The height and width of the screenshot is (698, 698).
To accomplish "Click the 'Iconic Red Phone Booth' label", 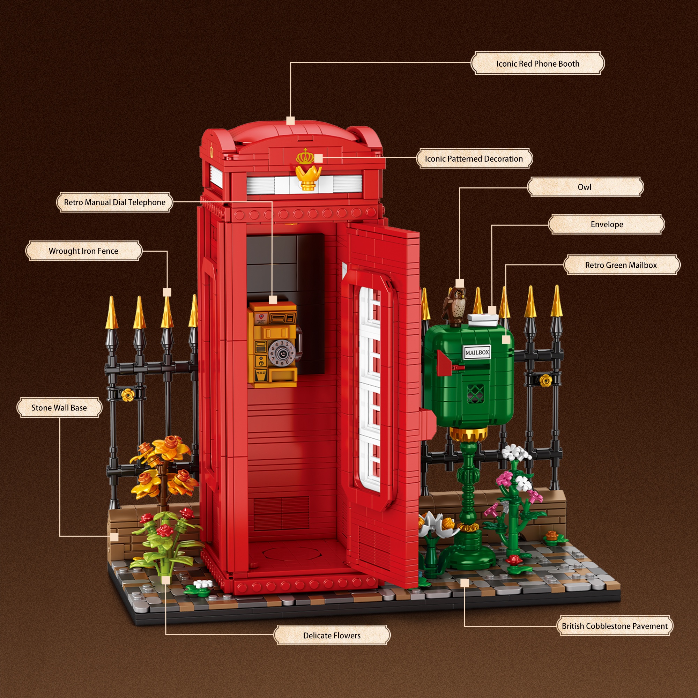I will [537, 64].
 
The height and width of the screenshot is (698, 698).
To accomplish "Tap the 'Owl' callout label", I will [585, 187].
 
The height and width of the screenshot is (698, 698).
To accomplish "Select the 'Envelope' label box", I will [606, 224].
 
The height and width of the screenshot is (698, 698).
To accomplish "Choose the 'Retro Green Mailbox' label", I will [621, 265].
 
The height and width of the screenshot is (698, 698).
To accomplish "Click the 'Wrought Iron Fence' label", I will [83, 251].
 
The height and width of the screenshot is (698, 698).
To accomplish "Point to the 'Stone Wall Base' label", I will [59, 408].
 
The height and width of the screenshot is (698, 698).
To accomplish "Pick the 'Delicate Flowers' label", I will [332, 636].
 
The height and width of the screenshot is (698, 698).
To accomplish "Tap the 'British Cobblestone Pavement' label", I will [614, 626].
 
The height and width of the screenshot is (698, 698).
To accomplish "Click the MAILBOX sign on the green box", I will [476, 352].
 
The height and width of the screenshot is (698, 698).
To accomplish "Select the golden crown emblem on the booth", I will [306, 157].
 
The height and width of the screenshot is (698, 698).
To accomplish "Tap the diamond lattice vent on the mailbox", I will [475, 393].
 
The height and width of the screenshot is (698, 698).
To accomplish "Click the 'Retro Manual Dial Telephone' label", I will [114, 202].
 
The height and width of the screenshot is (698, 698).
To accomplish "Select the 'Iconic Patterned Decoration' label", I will [474, 158].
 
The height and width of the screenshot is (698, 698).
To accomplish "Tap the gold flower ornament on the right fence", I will [545, 380].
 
